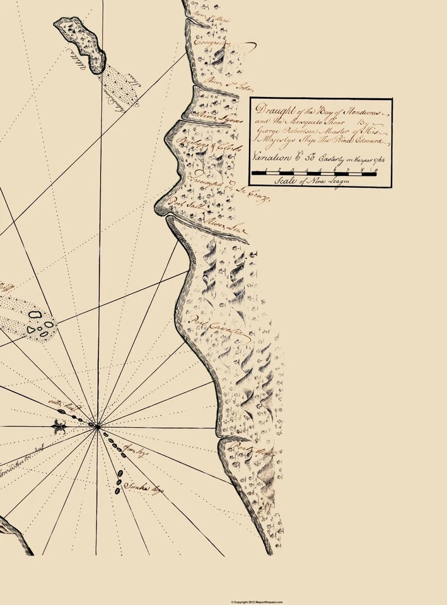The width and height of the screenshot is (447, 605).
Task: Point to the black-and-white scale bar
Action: [x=314, y=171]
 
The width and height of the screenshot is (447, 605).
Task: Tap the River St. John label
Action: [x=219, y=85]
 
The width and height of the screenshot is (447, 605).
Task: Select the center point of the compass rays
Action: [x=97, y=427]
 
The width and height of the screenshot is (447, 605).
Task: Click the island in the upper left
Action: [x=79, y=43]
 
